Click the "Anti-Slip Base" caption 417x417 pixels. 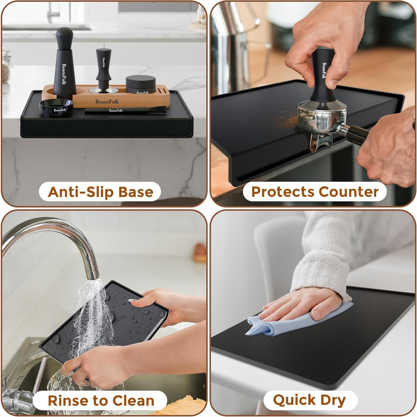(x=101, y=192)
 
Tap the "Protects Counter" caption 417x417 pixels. (x=315, y=192)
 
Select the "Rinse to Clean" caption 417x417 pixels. (x=101, y=400)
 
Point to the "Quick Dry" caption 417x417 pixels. (x=309, y=400)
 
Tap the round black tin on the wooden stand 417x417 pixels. (x=140, y=84)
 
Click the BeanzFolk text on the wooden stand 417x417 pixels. (x=107, y=101)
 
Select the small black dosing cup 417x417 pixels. (x=56, y=107)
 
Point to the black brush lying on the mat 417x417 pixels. (x=125, y=110)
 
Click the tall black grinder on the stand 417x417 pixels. (x=64, y=64)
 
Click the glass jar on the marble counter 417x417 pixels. (x=7, y=66)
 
